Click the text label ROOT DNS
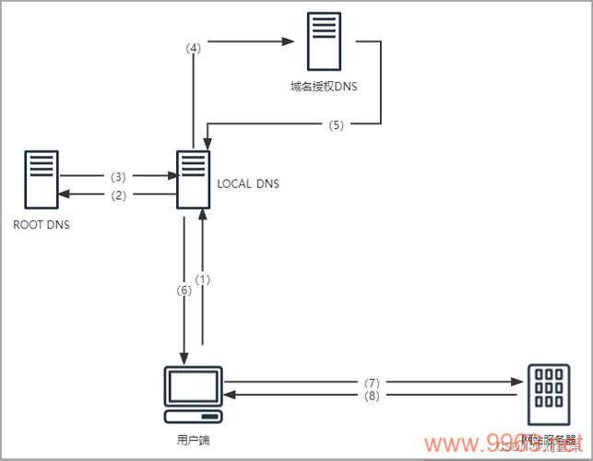click(x=42, y=224)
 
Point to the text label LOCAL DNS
click(x=248, y=184)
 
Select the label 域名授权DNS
click(x=323, y=89)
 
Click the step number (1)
click(x=205, y=279)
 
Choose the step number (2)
click(x=117, y=195)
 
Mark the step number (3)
click(x=117, y=175)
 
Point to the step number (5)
click(x=336, y=124)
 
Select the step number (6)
click(x=184, y=289)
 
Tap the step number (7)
click(x=372, y=382)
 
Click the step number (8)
click(x=372, y=396)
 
